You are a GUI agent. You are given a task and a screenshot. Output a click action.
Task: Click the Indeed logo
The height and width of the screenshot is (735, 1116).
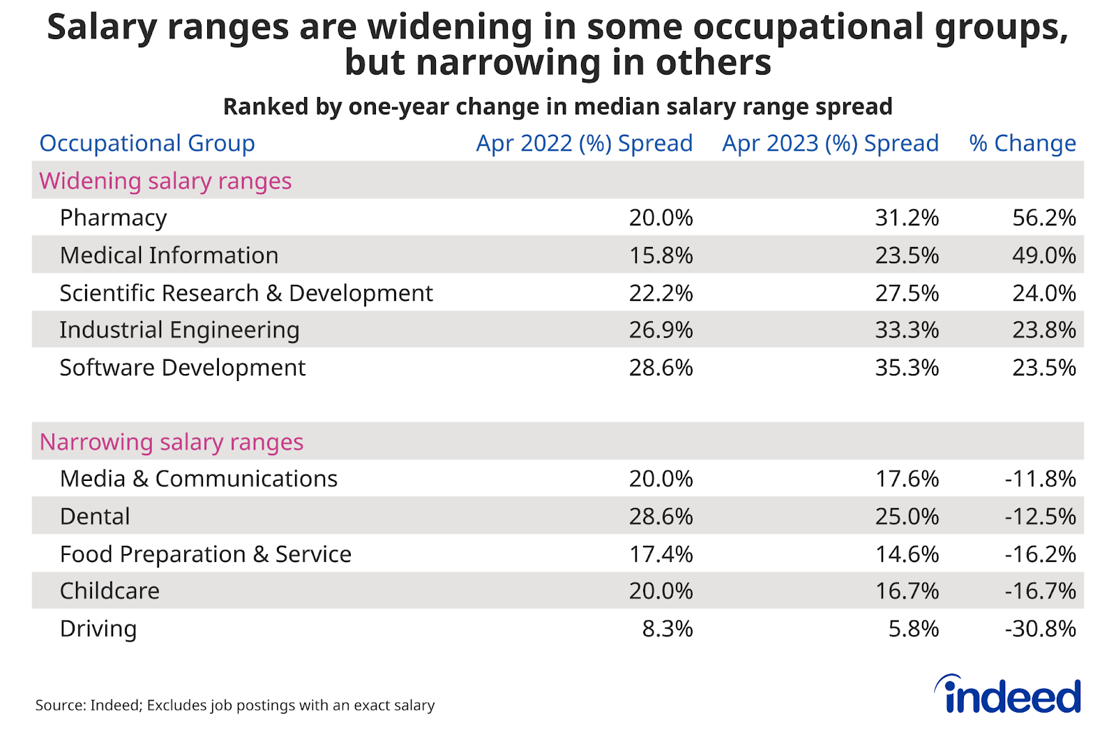1008,695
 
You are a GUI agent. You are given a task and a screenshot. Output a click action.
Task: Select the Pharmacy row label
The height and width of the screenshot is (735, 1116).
113,218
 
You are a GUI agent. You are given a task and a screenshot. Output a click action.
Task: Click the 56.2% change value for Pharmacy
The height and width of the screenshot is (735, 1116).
1043,218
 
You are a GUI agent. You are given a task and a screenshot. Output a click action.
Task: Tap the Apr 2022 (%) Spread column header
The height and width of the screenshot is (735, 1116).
584,143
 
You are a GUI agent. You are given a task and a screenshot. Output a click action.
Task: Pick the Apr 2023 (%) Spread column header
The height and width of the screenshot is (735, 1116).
830,143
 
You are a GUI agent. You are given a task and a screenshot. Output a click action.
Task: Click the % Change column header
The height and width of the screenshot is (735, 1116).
1022,143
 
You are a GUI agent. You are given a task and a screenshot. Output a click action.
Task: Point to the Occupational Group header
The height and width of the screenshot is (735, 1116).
147,143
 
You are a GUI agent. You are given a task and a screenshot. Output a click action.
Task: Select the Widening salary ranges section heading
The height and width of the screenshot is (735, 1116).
165,181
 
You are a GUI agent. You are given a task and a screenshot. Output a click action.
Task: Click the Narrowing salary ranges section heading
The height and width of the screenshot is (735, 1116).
171,442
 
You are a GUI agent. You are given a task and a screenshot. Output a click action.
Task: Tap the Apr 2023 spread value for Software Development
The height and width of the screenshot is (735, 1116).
907,368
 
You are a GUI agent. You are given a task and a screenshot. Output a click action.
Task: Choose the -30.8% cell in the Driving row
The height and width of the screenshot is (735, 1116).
1040,629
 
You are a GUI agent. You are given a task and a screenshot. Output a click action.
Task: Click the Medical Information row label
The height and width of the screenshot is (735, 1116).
169,255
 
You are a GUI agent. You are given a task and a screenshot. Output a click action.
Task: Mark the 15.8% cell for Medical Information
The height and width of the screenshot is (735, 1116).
661,255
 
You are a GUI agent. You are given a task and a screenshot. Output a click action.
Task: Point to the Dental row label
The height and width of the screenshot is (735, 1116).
95,517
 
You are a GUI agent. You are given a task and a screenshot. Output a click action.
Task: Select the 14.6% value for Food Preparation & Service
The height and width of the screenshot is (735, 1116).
907,554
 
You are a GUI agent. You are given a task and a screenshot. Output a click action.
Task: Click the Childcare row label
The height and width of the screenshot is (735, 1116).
110,591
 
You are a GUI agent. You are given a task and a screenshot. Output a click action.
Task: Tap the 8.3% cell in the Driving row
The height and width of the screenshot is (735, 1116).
667,629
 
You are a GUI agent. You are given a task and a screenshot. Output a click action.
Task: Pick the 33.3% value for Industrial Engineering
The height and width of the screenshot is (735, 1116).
907,330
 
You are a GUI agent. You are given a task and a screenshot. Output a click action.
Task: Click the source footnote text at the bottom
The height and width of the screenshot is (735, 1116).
235,705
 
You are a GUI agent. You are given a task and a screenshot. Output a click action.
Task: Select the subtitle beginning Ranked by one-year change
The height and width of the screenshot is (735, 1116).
557,107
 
